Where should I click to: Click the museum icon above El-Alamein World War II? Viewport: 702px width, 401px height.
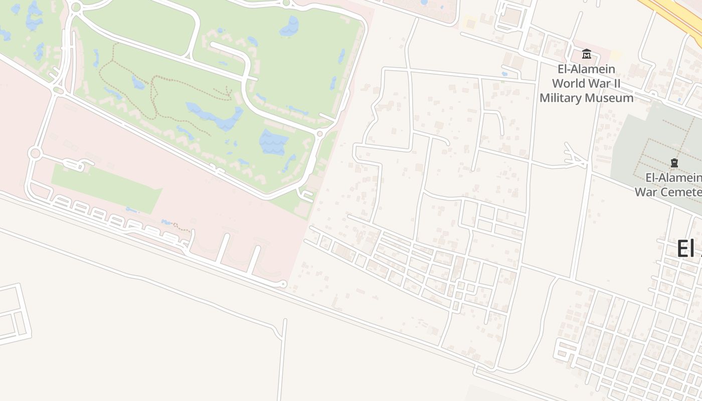point(586,54)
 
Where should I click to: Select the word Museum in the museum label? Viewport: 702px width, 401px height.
point(612,98)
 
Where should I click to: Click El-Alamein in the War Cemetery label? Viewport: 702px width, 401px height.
point(673,177)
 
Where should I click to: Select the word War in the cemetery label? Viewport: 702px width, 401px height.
point(646,192)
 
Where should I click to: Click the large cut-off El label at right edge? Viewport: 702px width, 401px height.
point(688,249)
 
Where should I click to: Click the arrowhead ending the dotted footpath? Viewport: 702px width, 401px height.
point(229,92)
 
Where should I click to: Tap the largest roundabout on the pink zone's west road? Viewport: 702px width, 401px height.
point(35,153)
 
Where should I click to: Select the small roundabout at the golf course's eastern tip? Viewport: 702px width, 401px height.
point(319,134)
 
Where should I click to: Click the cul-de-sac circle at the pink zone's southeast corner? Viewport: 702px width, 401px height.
point(283,284)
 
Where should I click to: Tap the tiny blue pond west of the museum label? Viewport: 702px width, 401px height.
point(504,74)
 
